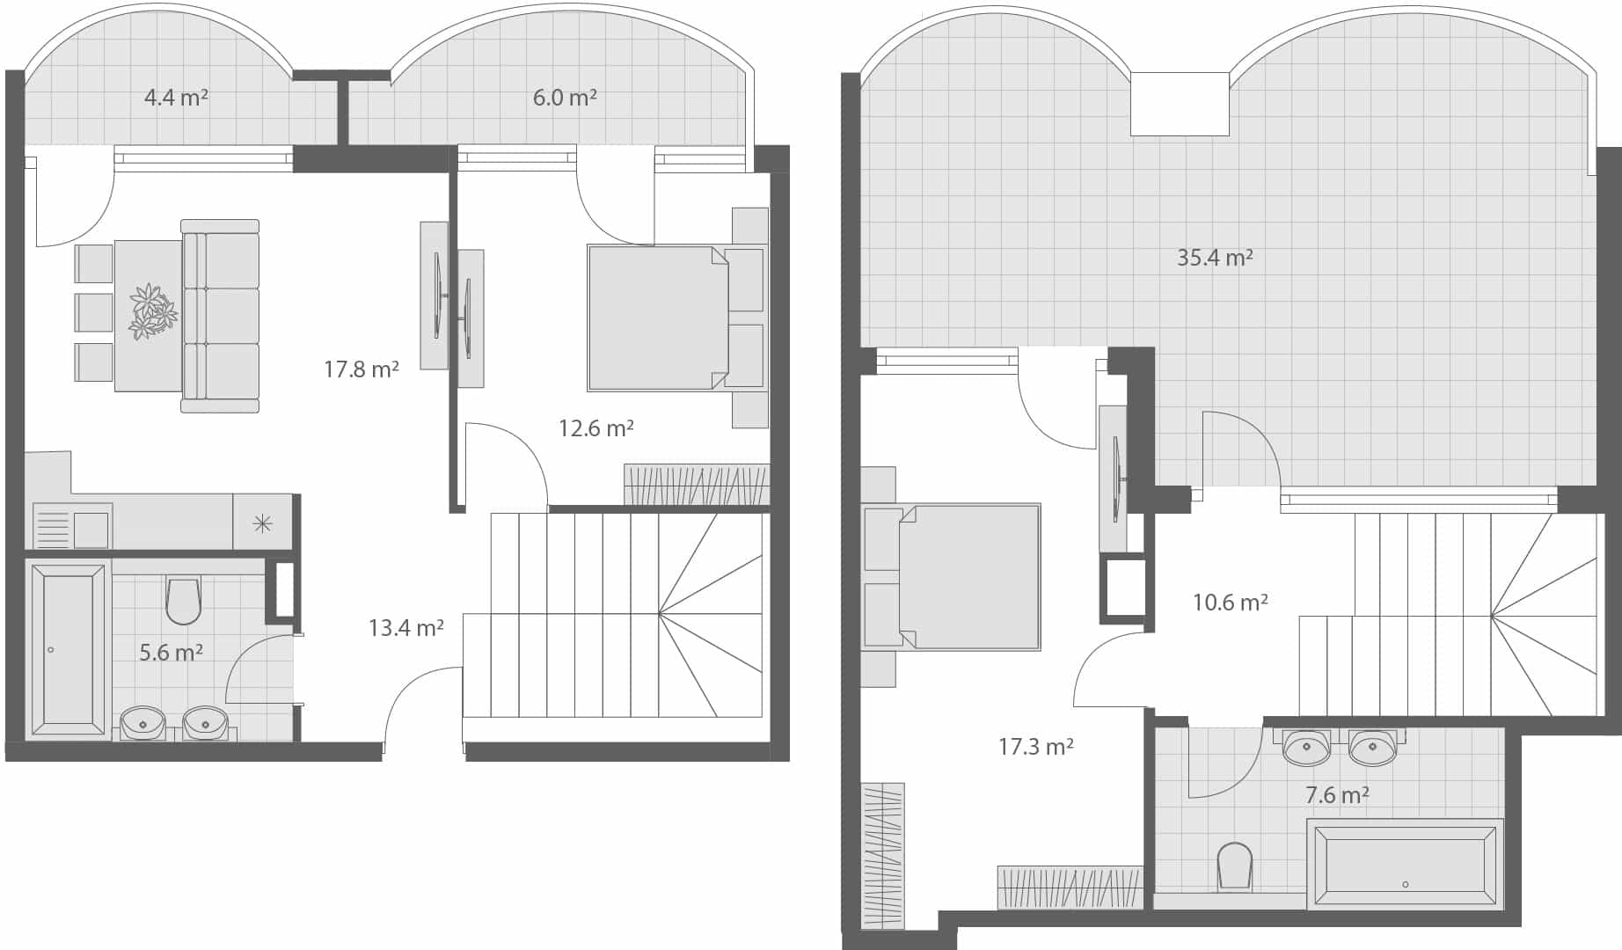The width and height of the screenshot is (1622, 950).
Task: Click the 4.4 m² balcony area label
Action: click(x=176, y=98)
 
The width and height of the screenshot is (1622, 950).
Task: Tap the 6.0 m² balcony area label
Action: click(x=565, y=98)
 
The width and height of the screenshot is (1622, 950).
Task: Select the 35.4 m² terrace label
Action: click(x=1215, y=258)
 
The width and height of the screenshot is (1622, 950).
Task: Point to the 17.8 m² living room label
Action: click(x=361, y=369)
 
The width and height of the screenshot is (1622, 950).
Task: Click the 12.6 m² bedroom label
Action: click(x=595, y=428)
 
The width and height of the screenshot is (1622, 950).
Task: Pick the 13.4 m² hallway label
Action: click(x=405, y=628)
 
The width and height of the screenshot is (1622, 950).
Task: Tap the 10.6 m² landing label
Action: click(x=1230, y=603)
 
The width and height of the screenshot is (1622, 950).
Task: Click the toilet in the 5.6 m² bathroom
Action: click(x=183, y=599)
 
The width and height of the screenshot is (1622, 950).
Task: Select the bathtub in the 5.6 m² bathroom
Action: click(x=68, y=649)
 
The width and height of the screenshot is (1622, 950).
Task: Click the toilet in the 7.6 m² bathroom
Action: click(x=1235, y=866)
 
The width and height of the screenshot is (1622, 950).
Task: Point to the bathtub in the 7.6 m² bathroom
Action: click(x=1405, y=865)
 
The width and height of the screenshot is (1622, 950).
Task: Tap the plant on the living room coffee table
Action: click(x=152, y=311)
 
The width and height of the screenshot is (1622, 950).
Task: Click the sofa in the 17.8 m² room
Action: click(x=221, y=316)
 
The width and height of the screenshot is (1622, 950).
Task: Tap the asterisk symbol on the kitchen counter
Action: click(x=262, y=524)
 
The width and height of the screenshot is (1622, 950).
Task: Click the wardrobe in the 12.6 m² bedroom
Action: click(x=696, y=485)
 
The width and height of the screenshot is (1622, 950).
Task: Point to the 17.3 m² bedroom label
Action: click(x=1035, y=748)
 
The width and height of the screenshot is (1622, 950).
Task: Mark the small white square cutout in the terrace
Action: click(x=1179, y=104)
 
